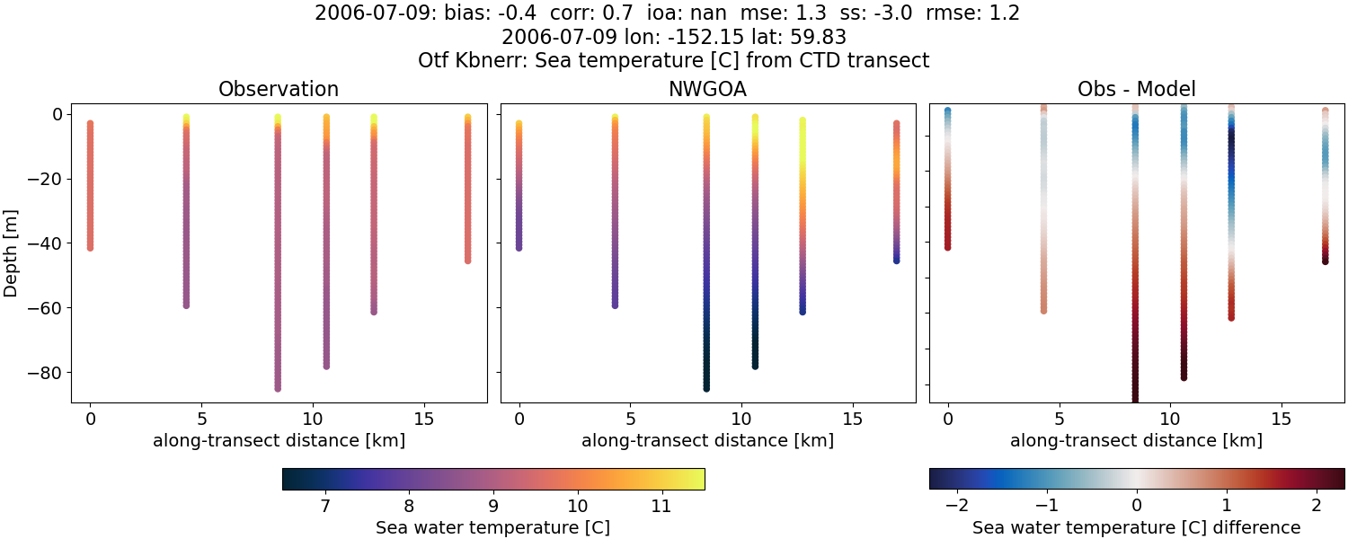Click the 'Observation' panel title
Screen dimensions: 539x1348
click(279, 90)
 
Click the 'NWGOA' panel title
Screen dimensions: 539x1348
click(707, 90)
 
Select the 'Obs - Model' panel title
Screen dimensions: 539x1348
click(1136, 90)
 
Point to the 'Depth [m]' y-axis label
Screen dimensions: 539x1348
click(12, 252)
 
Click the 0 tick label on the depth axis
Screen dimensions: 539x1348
click(56, 114)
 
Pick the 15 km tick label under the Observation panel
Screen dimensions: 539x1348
click(422, 419)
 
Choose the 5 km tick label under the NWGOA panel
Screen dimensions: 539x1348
click(630, 419)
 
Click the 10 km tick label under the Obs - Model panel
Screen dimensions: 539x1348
click(1170, 419)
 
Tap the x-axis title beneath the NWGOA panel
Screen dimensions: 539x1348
click(707, 441)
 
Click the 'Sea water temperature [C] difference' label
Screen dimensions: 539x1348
click(1136, 528)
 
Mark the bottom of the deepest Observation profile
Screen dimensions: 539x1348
click(278, 388)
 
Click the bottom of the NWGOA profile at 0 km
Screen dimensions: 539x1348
click(519, 247)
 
